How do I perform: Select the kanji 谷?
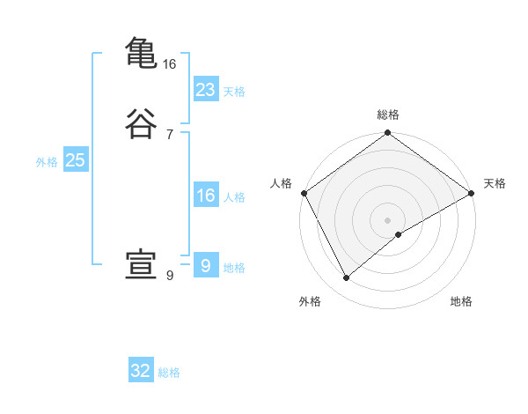point(141,124)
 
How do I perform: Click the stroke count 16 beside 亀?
point(170,64)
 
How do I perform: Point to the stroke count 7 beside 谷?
point(170,135)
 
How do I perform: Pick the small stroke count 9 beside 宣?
point(170,276)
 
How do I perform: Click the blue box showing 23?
point(206,89)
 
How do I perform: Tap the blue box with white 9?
point(206,265)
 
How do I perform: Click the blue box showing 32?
point(141,371)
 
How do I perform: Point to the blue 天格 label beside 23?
point(234,92)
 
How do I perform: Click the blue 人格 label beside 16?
point(234,197)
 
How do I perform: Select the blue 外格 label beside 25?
point(47,162)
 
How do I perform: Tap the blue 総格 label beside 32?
point(169,373)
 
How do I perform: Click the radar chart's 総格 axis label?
point(388,115)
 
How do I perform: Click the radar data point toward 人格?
point(304,193)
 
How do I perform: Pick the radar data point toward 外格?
point(347,277)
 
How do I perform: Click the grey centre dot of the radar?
point(388,219)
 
